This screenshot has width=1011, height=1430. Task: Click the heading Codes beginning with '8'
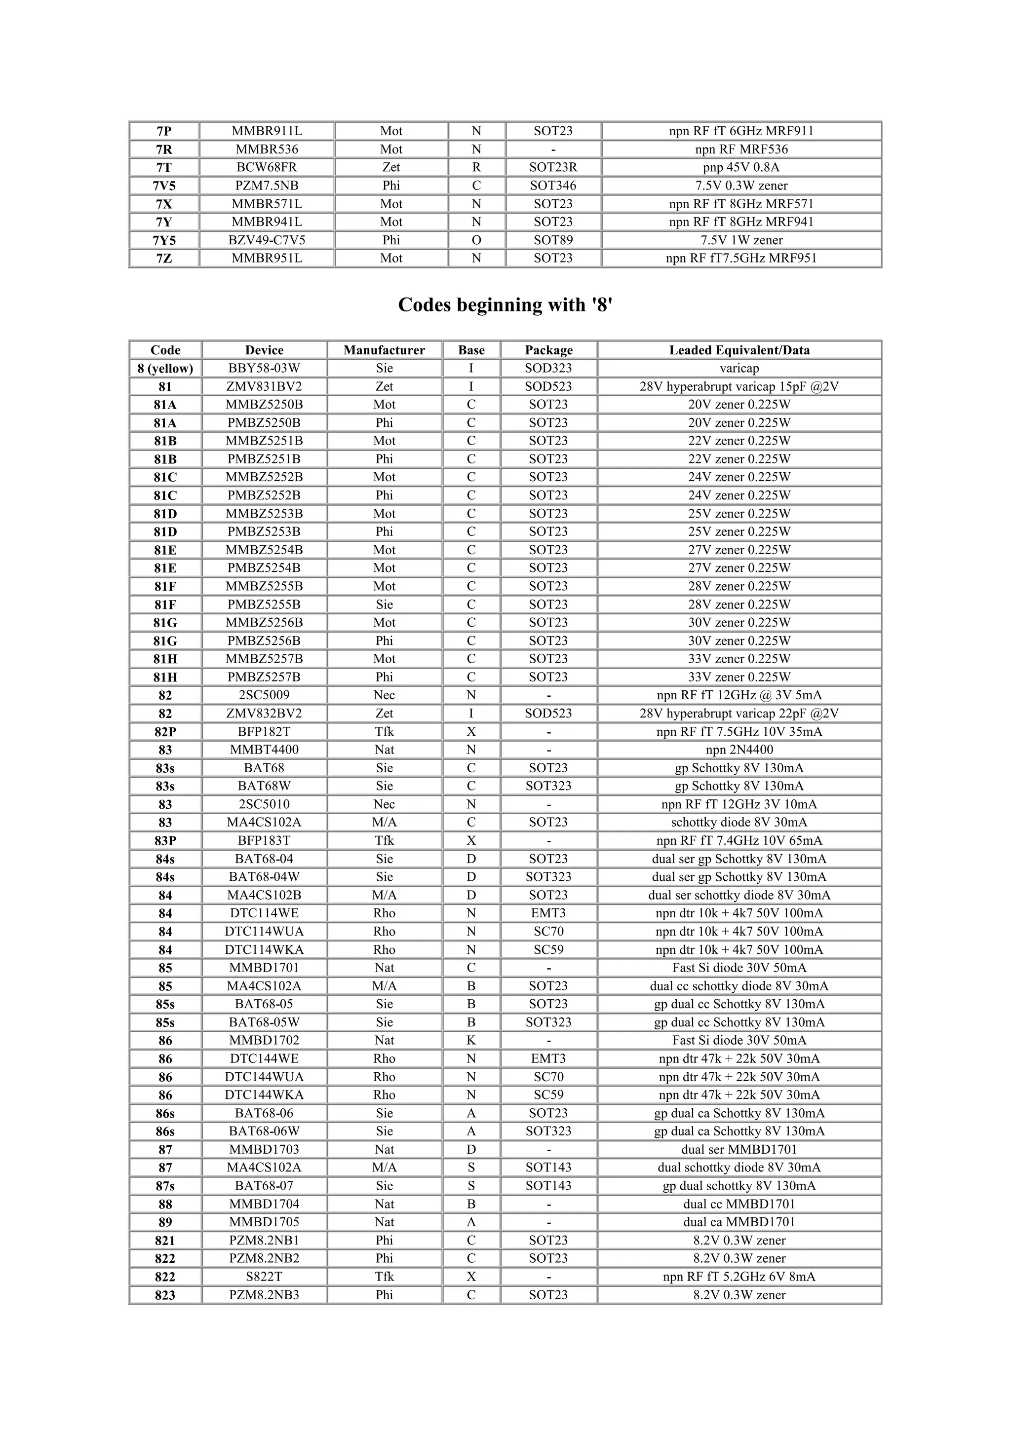[x=505, y=304]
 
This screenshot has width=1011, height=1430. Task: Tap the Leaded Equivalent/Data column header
[x=739, y=350]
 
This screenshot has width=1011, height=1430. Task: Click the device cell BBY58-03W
[x=264, y=368]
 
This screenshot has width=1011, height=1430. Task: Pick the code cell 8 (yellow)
[x=165, y=368]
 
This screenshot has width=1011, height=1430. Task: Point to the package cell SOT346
[x=553, y=186]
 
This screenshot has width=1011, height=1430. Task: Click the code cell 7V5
[x=164, y=186]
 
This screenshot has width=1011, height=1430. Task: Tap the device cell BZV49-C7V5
[x=267, y=240]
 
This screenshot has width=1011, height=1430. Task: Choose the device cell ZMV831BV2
[x=264, y=386]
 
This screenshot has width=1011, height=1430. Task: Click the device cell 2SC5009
[x=264, y=695]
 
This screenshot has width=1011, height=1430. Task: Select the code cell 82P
[x=165, y=732]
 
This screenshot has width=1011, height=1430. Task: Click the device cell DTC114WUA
[x=264, y=932]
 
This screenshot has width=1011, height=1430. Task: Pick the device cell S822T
[x=264, y=1277]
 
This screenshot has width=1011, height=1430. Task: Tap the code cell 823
[x=165, y=1295]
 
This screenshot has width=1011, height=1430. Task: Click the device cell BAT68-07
[x=264, y=1186]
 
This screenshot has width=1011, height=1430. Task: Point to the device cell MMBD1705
[x=264, y=1222]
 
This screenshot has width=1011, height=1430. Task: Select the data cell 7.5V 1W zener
[x=741, y=240]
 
